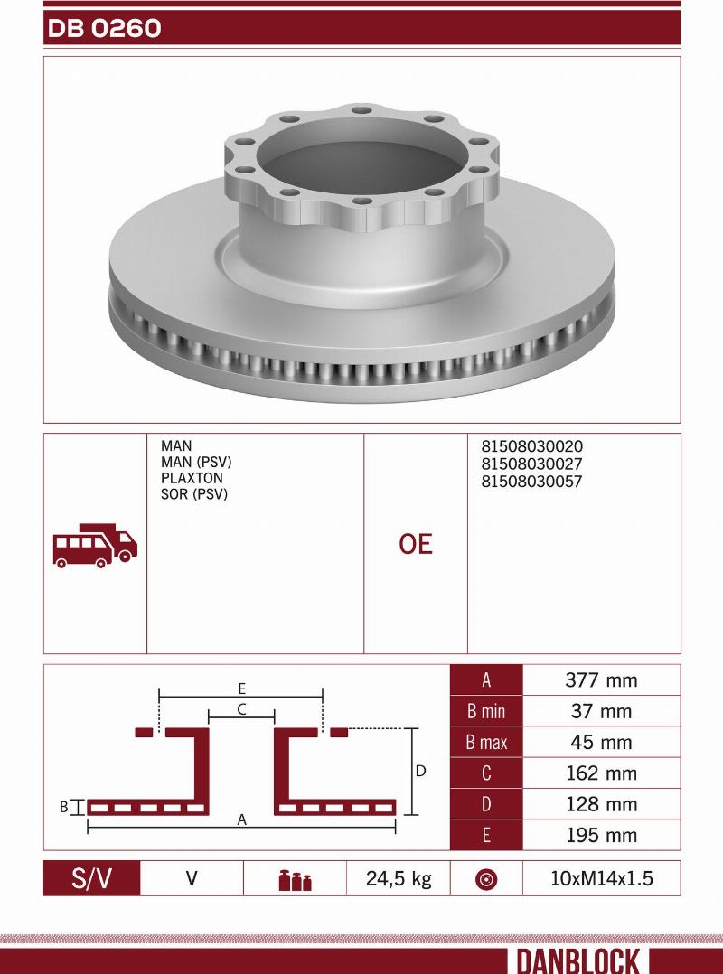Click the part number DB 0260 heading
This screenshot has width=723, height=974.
click(104, 29)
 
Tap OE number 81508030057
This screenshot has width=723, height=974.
click(531, 482)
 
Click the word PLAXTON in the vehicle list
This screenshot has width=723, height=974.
click(192, 478)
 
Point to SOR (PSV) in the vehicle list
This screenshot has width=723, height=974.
click(194, 494)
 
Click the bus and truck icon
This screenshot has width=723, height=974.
click(95, 544)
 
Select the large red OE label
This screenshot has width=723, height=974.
click(416, 544)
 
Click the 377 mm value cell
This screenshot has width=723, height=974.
click(601, 680)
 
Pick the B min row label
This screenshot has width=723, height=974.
click(486, 712)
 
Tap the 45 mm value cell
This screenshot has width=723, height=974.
click(601, 743)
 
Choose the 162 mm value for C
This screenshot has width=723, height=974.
click(601, 773)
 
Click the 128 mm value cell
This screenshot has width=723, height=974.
click(601, 804)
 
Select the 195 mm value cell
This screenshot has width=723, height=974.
click(601, 835)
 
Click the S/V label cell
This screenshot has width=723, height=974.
click(92, 878)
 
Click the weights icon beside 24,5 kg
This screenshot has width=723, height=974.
click(295, 879)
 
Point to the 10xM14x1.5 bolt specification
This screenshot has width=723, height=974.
click(601, 878)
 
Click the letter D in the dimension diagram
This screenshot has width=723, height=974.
click(420, 772)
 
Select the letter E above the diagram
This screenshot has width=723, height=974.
click(242, 688)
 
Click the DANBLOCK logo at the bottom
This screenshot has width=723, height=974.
click(578, 960)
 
